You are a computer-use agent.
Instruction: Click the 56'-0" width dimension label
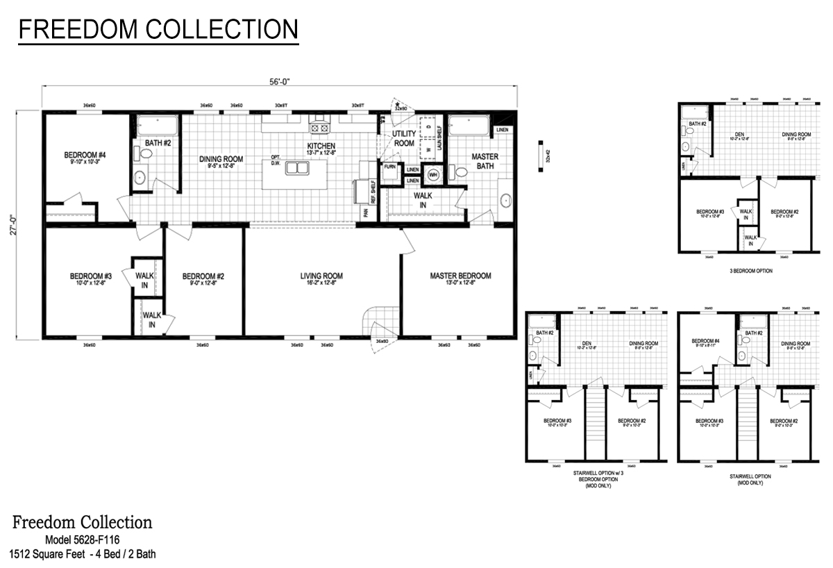pos(279,81)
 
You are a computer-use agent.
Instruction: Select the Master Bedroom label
pos(460,276)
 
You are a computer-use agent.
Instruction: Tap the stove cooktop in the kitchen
pos(320,127)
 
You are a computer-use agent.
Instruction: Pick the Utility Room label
pos(404,138)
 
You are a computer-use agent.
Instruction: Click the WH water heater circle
pos(434,174)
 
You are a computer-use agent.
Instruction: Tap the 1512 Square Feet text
pos(50,553)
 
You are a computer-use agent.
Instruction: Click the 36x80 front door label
pos(382,342)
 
